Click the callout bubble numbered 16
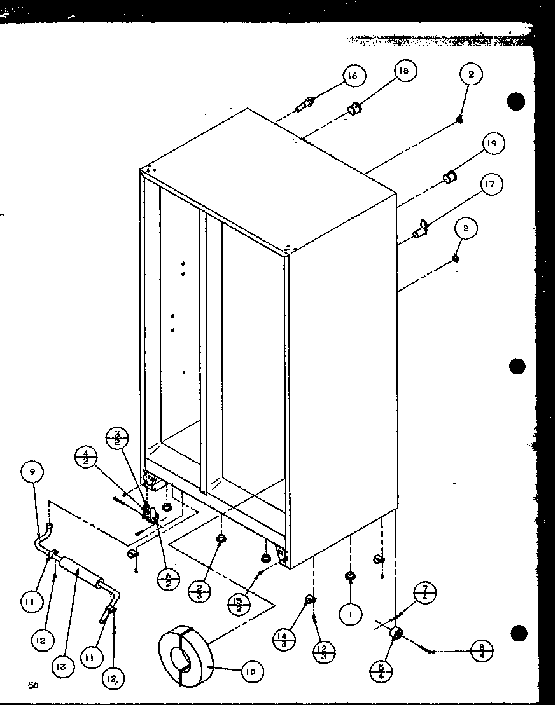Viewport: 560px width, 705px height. click(x=352, y=76)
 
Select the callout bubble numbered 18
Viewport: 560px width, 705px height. click(x=404, y=72)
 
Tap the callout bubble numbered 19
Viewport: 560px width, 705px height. click(x=491, y=144)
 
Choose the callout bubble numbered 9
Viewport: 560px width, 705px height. click(x=32, y=472)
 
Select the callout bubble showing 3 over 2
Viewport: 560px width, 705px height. click(x=118, y=439)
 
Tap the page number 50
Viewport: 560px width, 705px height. click(x=33, y=685)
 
